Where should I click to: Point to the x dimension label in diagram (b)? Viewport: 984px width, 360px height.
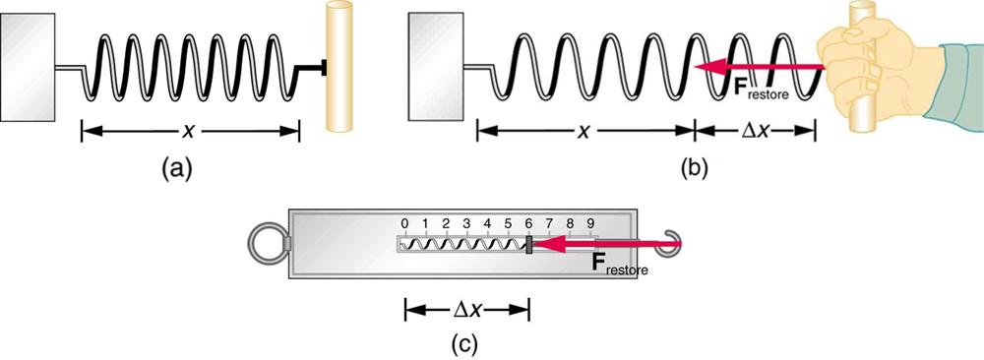tap(584, 130)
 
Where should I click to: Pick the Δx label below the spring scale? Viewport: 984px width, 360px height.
tap(467, 309)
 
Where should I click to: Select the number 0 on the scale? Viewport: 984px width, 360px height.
tap(404, 223)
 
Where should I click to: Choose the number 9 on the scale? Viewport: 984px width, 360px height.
tap(591, 223)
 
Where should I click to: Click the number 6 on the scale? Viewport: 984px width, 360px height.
tap(529, 223)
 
